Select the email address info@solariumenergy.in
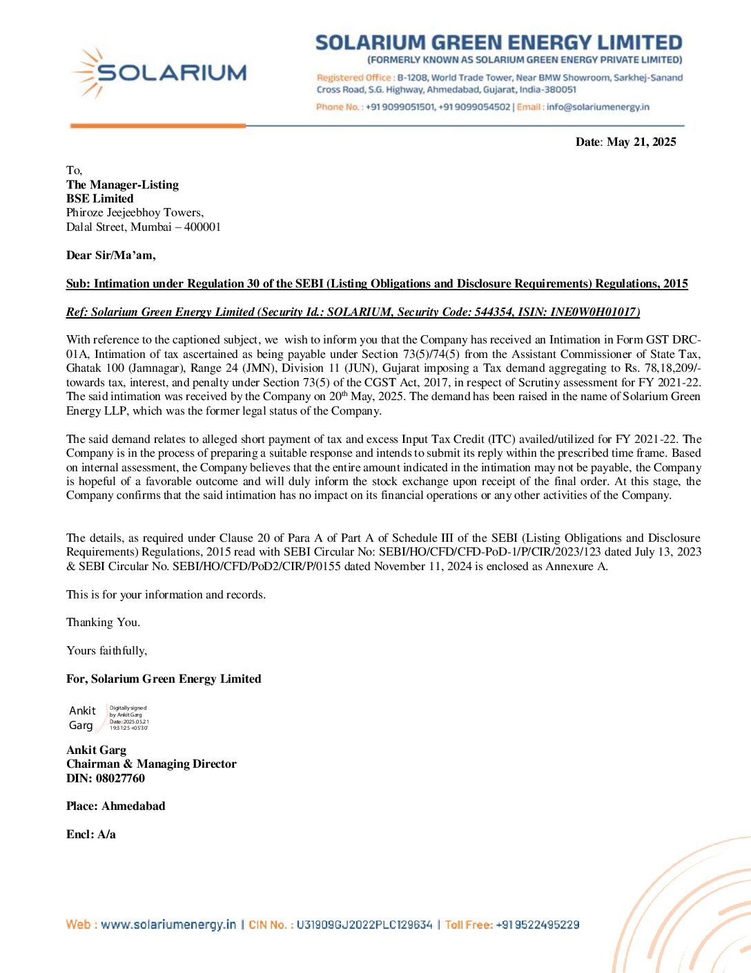[598, 107]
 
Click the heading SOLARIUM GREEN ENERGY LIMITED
[498, 43]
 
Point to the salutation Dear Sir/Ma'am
[110, 255]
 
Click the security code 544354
[494, 312]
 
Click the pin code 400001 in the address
[202, 227]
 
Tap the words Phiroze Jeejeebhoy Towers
[135, 212]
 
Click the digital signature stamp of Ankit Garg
[108, 718]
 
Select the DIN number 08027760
[120, 778]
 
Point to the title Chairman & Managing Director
[151, 764]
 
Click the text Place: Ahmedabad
[115, 806]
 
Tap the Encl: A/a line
[90, 834]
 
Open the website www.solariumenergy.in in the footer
[168, 925]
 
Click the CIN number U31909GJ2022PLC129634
[364, 925]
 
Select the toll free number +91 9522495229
[537, 925]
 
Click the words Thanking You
[103, 622]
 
